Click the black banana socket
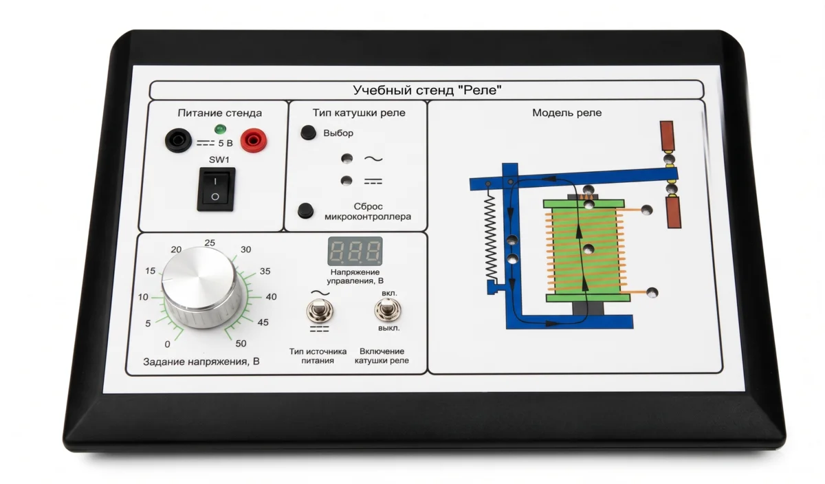(x=178, y=140)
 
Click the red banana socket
(x=254, y=140)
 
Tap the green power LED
(x=220, y=129)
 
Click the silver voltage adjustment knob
(x=202, y=287)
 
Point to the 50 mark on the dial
(x=241, y=343)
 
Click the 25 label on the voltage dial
(x=210, y=243)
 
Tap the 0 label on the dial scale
(x=167, y=344)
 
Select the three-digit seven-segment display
(x=355, y=251)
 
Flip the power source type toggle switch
(x=320, y=311)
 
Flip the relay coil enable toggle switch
(x=388, y=309)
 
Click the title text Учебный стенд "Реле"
(x=427, y=90)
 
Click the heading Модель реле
(x=566, y=113)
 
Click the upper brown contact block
(x=667, y=136)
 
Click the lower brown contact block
(x=673, y=212)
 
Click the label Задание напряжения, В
(x=201, y=362)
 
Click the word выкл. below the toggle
(x=389, y=328)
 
